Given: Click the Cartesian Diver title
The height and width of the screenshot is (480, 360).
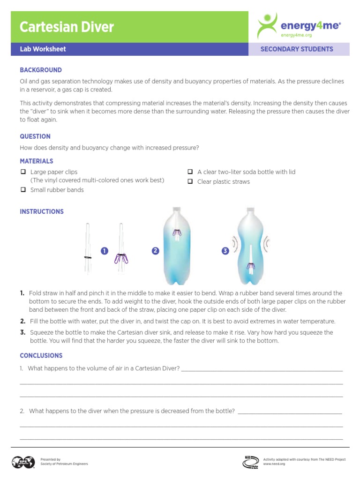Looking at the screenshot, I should point(67,27).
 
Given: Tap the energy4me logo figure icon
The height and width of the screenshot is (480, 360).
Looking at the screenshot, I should point(268,26).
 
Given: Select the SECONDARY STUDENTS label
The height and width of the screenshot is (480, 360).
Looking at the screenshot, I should point(297,49).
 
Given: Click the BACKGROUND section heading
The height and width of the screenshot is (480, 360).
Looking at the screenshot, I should point(41,70).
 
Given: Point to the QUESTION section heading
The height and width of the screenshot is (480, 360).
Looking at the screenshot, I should point(35,136).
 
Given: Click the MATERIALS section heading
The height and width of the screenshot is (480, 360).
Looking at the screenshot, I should point(37,161).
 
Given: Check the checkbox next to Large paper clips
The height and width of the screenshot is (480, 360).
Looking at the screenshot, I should point(22,172).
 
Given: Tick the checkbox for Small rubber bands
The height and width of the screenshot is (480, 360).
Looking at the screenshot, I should point(22,190).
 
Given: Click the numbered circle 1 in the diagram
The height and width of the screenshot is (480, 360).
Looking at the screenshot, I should point(104,251).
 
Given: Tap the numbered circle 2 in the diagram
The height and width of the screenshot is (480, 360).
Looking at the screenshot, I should point(155,251).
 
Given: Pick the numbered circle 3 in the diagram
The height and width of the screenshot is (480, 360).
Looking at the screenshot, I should point(225,251).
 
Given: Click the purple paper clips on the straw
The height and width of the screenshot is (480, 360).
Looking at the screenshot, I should point(123,258).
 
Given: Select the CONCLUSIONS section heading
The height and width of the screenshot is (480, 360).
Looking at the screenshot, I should point(41,355).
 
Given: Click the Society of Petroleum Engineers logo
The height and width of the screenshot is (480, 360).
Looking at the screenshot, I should point(23,462).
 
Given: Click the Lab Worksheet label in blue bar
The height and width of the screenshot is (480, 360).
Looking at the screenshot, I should point(43,49).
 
